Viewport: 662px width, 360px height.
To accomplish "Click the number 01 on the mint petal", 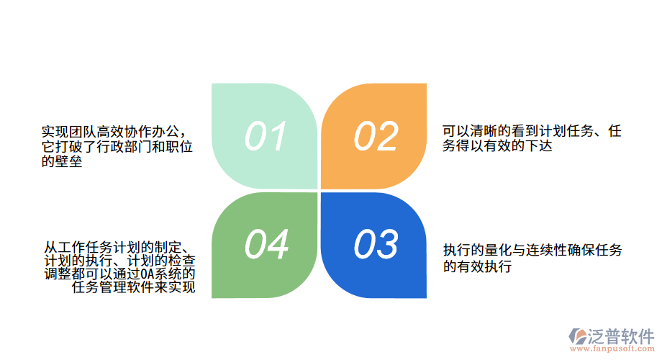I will point(266,136).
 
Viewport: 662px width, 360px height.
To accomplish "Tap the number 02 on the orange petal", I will point(376,136).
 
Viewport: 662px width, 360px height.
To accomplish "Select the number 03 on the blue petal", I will point(376,244).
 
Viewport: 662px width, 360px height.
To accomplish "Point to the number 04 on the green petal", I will point(266,244).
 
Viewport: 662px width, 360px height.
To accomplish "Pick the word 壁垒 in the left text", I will point(62,161).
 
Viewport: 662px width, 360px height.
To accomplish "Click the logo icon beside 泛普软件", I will point(579,336).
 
